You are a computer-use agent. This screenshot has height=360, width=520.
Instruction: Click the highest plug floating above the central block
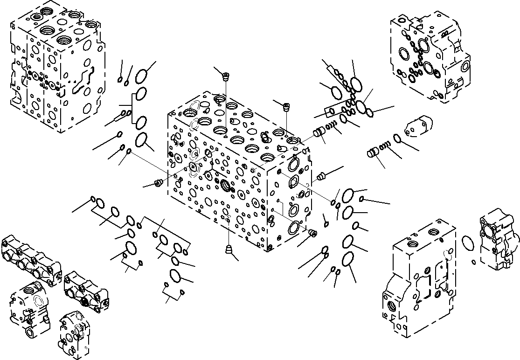coord(226,75)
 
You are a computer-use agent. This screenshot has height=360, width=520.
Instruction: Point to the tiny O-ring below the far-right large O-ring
coord(474,261)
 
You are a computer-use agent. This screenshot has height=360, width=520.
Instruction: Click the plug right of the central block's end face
coord(321,176)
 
